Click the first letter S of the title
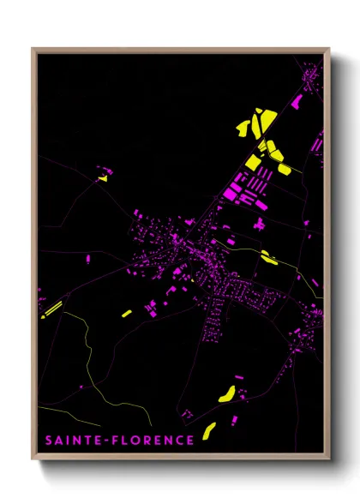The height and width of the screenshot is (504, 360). (50, 441)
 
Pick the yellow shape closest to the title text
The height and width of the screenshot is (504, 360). (209, 430)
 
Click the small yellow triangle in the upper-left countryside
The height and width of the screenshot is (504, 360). (103, 178)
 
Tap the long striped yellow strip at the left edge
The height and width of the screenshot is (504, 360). (51, 308)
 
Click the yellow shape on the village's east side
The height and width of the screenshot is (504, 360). (268, 256)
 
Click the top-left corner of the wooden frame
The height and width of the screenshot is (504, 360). (33, 49)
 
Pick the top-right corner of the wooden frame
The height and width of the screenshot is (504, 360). (329, 49)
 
